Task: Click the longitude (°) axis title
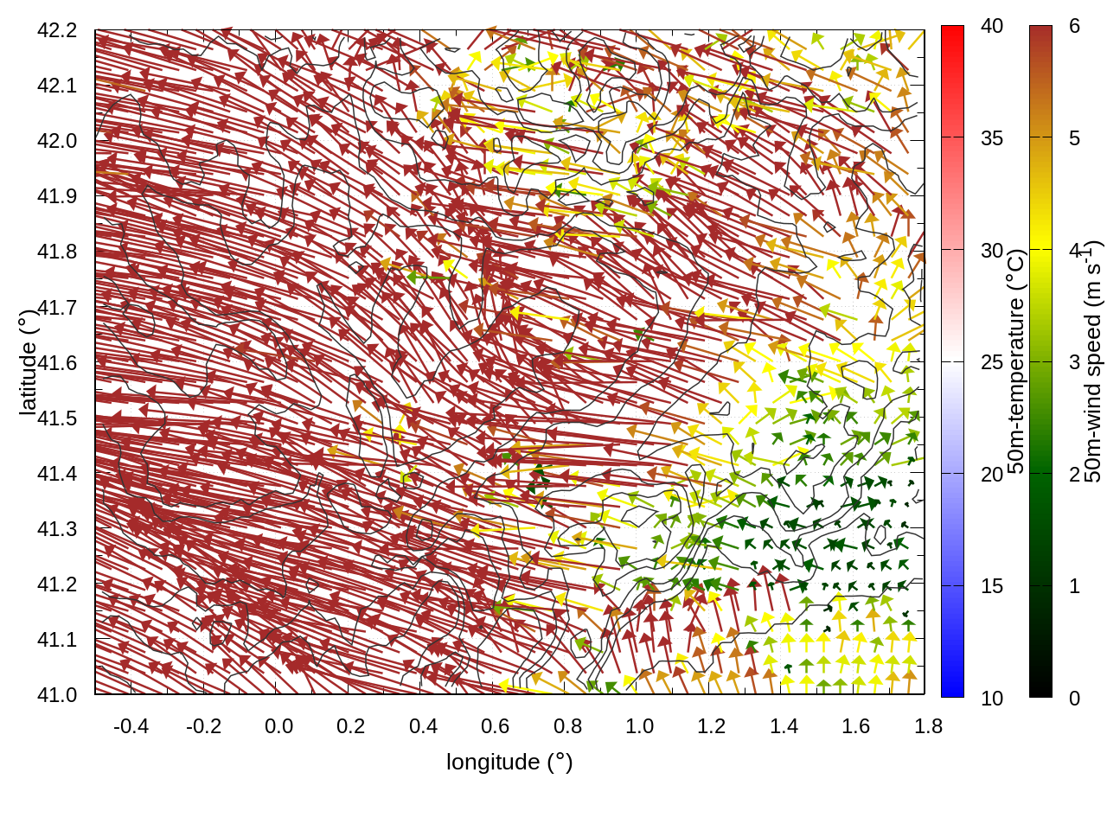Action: [x=509, y=762]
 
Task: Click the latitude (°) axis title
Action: [x=29, y=362]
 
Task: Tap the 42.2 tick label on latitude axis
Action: [x=57, y=30]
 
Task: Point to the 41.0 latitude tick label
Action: [x=57, y=695]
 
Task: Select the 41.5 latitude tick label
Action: [x=57, y=418]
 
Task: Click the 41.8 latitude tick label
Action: [x=57, y=252]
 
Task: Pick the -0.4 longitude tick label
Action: [x=131, y=726]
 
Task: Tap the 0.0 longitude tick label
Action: [x=278, y=726]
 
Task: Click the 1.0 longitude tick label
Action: [x=640, y=726]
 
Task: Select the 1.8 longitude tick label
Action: [x=929, y=726]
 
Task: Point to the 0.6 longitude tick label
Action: [x=496, y=726]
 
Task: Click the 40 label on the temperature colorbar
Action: [x=992, y=26]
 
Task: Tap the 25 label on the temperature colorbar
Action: [x=992, y=362]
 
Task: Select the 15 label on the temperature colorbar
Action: [x=992, y=586]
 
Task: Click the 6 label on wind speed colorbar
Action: [x=1074, y=26]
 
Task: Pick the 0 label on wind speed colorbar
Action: [x=1074, y=699]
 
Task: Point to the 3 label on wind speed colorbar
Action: [x=1074, y=362]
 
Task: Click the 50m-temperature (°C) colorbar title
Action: [x=1017, y=362]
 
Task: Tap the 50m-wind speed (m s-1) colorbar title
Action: [x=1093, y=362]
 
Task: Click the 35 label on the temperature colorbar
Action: [x=992, y=138]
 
